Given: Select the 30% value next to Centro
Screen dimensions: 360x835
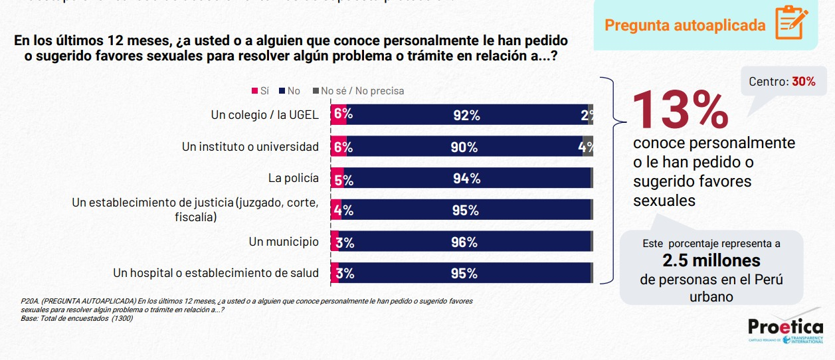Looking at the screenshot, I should point(803,82).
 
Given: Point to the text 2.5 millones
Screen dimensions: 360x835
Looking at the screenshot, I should point(711,260).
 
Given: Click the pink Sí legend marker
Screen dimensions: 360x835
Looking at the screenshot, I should point(254,91).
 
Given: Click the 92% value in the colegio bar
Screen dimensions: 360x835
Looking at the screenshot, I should point(466,115).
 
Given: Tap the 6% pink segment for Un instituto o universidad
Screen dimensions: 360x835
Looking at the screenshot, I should point(341,147).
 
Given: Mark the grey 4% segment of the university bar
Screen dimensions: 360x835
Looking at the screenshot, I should point(587,147).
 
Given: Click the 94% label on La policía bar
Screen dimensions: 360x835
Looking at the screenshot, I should point(466,178).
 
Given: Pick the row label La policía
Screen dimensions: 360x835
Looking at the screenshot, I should point(293,178).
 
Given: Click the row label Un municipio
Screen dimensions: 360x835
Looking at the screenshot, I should point(284,242).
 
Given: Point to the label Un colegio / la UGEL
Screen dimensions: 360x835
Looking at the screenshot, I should point(264,115).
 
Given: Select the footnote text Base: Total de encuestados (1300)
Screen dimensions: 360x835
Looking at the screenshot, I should point(77,318).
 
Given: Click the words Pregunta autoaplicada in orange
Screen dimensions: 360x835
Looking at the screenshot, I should point(685,26).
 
